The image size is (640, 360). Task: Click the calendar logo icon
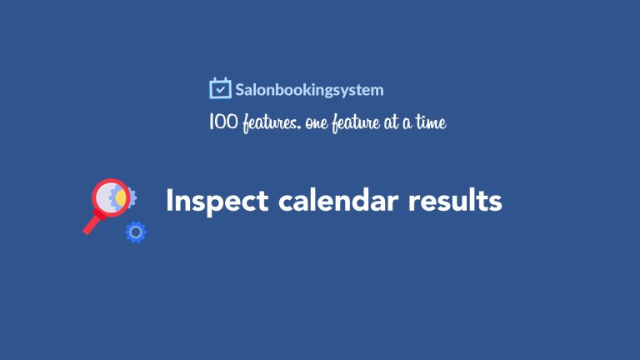(220, 88)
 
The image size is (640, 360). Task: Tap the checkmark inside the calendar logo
(220, 89)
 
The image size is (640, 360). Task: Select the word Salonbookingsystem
(309, 90)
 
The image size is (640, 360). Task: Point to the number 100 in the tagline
(222, 122)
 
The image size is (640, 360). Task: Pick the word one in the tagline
(317, 123)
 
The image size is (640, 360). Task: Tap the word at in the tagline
(391, 122)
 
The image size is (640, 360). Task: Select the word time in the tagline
(431, 122)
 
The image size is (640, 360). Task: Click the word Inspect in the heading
(217, 201)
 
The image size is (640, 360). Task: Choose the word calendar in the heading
(338, 200)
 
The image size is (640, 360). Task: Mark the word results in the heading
(455, 200)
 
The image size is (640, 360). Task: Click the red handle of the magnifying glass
(92, 223)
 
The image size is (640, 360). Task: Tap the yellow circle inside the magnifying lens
(121, 197)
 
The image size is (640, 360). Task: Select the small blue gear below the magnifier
(136, 232)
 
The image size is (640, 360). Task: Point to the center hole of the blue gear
(136, 232)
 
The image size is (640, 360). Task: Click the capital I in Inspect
(169, 200)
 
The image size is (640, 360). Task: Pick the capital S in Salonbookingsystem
(240, 90)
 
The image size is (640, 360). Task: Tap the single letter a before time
(407, 123)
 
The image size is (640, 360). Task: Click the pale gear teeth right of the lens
(133, 197)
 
